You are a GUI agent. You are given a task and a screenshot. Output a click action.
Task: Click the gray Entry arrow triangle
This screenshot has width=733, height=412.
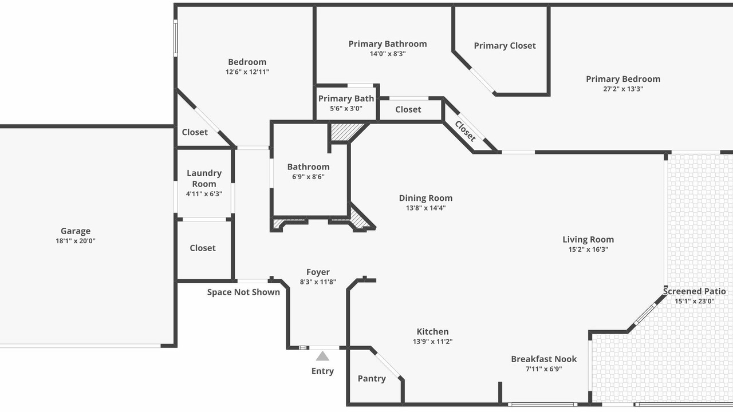(x=322, y=356)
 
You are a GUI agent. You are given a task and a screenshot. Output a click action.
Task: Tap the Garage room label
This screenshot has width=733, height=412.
(x=76, y=231)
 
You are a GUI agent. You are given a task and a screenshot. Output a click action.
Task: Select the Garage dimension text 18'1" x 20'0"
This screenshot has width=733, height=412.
(x=76, y=241)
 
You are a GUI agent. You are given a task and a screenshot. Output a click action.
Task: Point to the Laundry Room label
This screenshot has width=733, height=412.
(x=204, y=178)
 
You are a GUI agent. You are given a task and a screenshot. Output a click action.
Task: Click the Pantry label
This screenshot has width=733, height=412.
(x=372, y=379)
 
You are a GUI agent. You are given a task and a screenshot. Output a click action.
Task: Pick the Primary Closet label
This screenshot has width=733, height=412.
(x=505, y=46)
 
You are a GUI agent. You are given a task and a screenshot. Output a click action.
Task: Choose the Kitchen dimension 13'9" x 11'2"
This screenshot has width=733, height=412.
(x=432, y=342)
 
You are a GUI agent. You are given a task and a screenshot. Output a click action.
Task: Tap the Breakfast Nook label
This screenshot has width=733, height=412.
(x=544, y=359)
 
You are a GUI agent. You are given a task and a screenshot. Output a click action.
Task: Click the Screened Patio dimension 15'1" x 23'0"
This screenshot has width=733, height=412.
(x=695, y=301)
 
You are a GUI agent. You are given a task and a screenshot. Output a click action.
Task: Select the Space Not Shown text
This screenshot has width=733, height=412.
(x=243, y=292)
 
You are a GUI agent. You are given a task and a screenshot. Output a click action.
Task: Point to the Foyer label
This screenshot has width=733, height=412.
(x=318, y=272)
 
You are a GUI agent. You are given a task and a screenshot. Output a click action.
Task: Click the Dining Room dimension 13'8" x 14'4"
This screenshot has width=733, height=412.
(x=425, y=208)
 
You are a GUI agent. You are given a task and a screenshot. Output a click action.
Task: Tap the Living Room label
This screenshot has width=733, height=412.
(x=588, y=240)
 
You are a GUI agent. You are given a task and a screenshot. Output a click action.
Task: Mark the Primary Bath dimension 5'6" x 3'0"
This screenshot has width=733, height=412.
(x=346, y=109)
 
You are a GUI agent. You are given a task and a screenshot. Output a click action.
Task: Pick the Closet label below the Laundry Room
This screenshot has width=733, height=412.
(x=203, y=248)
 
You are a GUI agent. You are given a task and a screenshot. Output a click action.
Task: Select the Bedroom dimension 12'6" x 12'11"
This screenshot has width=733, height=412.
(x=247, y=72)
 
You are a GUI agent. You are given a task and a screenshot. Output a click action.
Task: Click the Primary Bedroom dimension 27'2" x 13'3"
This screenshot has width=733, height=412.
(x=623, y=89)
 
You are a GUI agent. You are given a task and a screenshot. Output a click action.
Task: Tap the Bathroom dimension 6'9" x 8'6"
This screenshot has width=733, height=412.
(x=308, y=177)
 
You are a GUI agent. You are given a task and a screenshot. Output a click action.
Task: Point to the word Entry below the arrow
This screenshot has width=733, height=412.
(x=322, y=371)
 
